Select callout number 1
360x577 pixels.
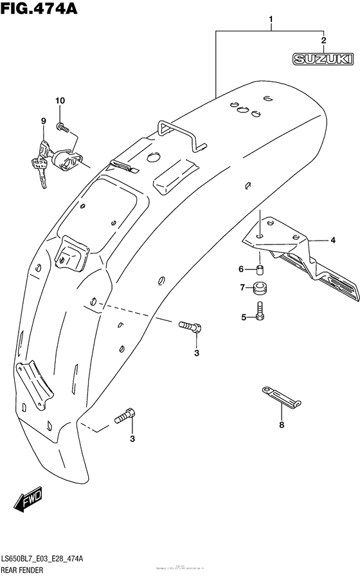[x=271, y=19]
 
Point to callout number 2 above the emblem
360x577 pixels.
[x=323, y=41]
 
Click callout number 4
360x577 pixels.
[x=332, y=241]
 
